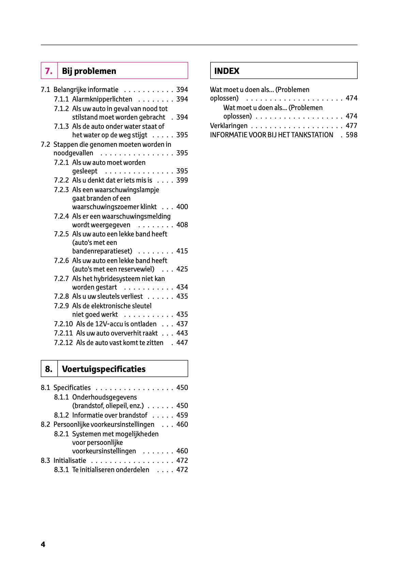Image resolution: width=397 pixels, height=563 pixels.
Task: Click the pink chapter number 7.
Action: [x=49, y=71]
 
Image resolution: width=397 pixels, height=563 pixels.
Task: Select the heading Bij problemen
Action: [x=89, y=71]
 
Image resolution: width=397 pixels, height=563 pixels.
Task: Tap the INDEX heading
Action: [x=227, y=71]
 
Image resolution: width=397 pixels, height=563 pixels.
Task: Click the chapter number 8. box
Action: [x=49, y=369]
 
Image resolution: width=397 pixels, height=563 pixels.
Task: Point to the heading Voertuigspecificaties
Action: [x=104, y=369]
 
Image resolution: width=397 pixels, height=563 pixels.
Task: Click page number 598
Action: [x=351, y=135]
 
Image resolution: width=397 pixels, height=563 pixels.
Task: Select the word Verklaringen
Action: [x=229, y=126]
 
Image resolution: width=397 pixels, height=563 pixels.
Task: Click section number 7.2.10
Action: [x=63, y=324]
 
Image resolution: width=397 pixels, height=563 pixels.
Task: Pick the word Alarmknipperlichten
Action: [x=102, y=99]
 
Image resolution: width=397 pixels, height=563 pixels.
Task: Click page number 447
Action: [x=182, y=343]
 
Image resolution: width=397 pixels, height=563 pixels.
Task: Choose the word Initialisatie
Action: [x=70, y=460]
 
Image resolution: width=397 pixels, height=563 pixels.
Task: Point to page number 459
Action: [x=182, y=415]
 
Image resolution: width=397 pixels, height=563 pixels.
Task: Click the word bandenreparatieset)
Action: [x=102, y=251]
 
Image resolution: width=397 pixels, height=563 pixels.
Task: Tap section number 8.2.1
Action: [x=61, y=434]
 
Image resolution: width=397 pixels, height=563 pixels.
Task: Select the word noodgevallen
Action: [x=73, y=153]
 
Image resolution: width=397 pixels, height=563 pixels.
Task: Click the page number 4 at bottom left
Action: [x=43, y=544]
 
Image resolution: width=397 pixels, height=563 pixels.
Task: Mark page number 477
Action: [x=351, y=126]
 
